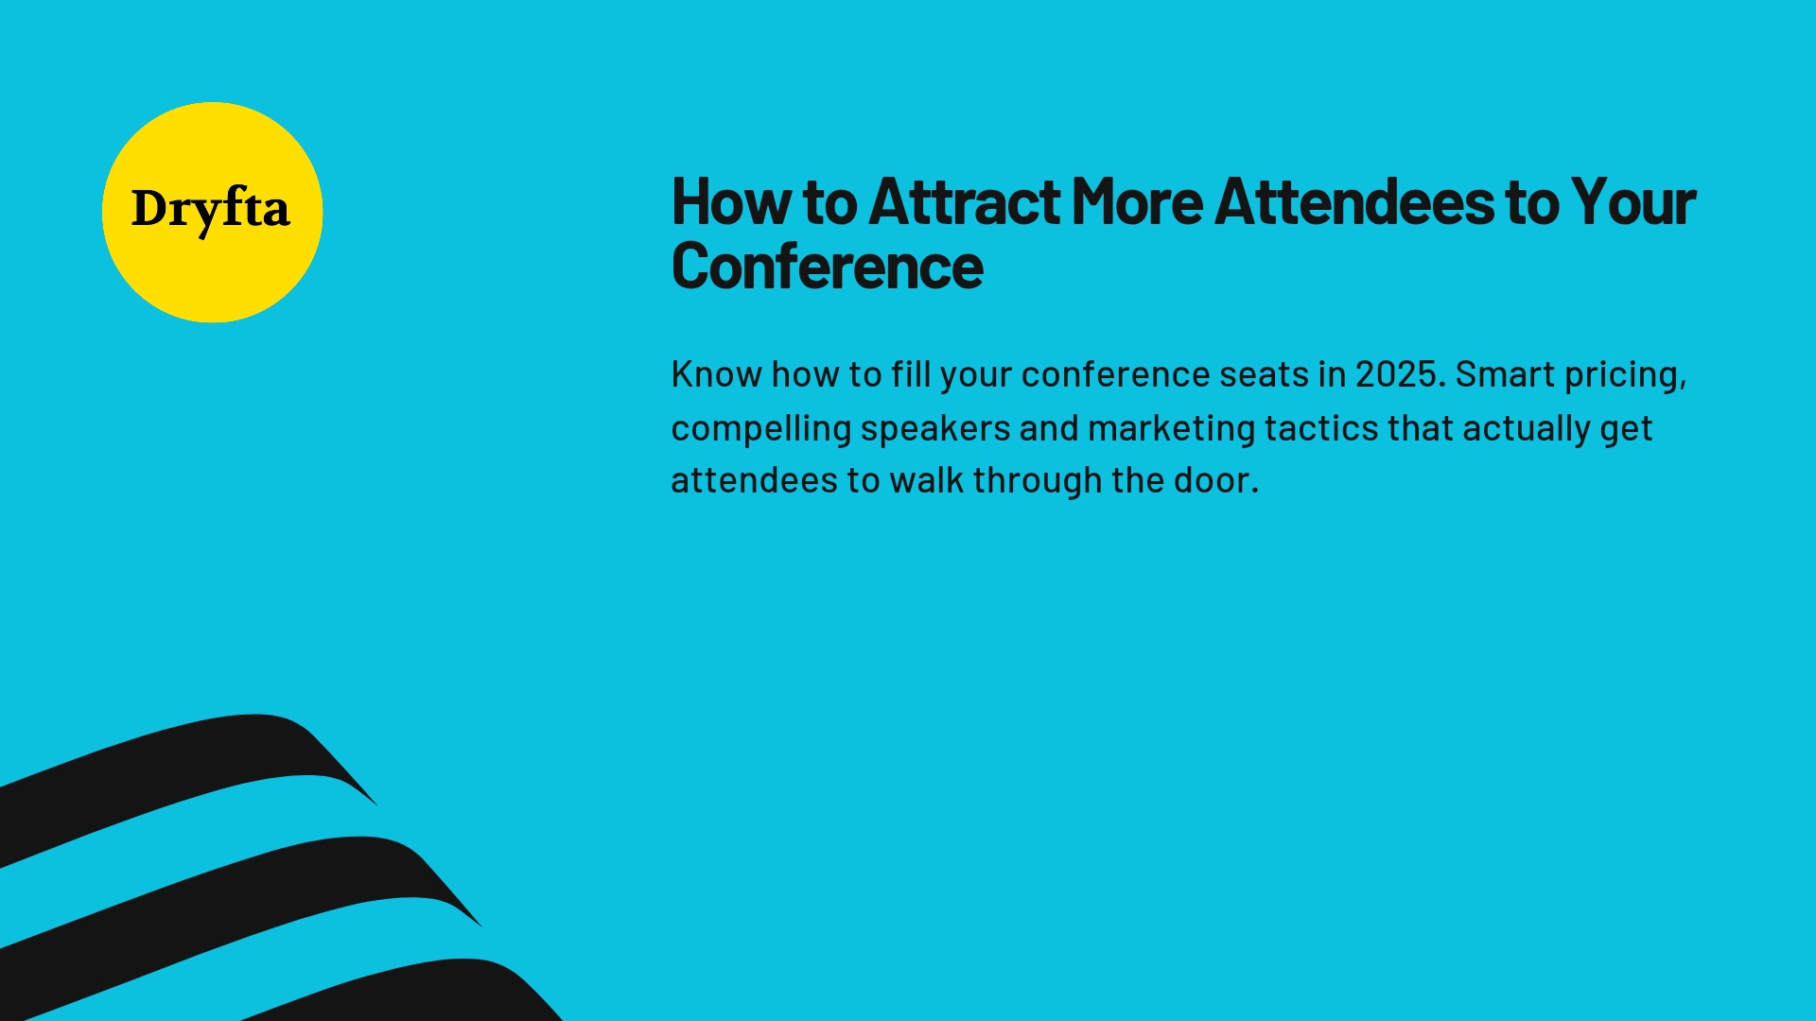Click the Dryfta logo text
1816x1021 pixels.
coord(210,210)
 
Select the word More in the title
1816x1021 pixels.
coord(1137,202)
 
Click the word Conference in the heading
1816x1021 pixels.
coord(828,268)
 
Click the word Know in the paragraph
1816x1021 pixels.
coord(716,374)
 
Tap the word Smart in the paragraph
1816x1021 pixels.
coord(1505,374)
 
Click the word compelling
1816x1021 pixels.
coord(761,429)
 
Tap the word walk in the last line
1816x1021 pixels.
coord(926,480)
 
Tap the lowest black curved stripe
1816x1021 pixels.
coord(426,993)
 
